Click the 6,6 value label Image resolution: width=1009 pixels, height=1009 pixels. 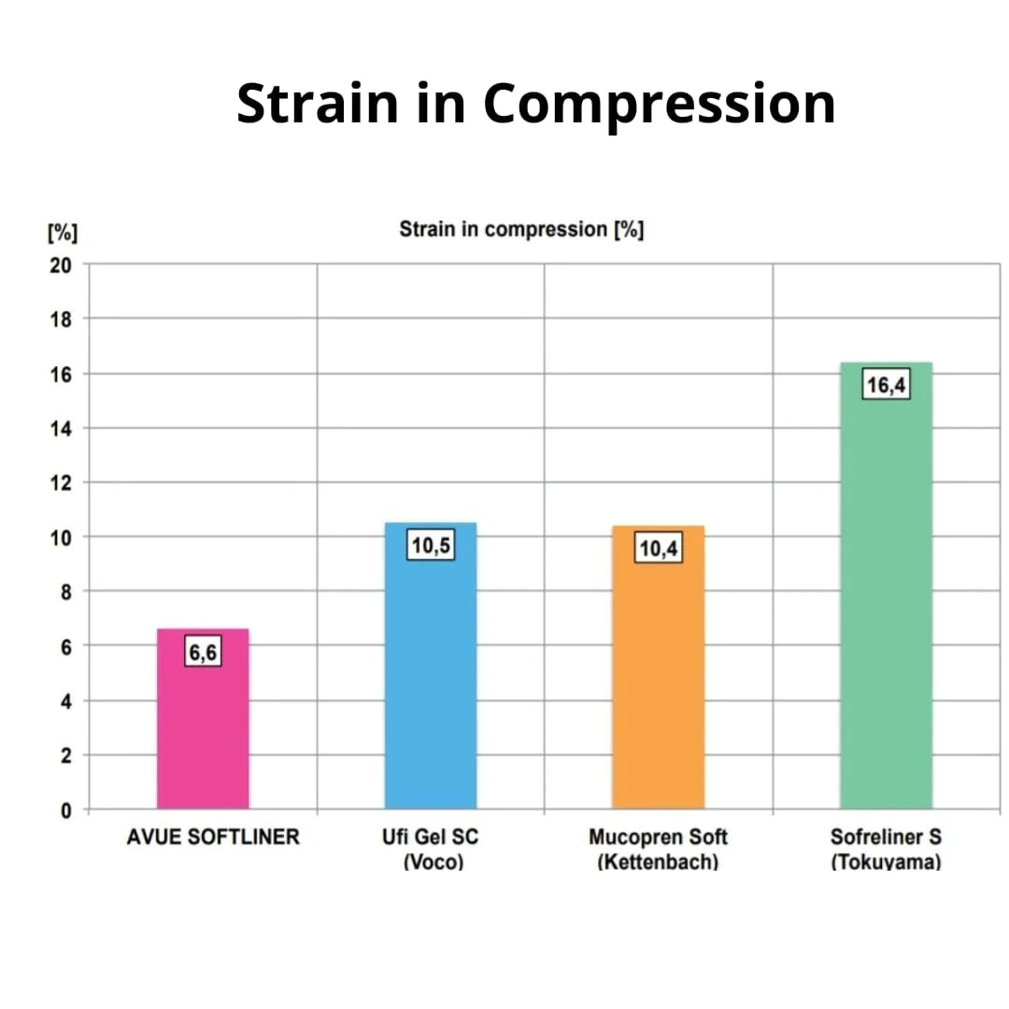coord(203,652)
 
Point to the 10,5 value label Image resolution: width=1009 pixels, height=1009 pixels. coord(431,546)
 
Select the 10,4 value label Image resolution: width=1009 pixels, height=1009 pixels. coord(659,548)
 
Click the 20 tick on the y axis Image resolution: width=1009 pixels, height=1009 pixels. coord(61,265)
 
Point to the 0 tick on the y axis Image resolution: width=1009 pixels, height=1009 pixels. coord(66,810)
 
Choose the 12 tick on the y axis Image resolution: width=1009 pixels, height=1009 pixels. coord(61,483)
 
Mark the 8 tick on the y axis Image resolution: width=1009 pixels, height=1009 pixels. coord(66,591)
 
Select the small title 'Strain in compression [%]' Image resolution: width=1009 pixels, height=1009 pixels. coord(521,229)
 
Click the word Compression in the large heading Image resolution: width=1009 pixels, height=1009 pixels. coord(659,105)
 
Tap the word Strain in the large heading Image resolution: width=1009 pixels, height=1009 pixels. coord(317,103)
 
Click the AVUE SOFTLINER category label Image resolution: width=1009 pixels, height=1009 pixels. coord(213,836)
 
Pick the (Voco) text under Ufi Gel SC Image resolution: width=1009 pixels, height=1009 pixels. coord(433,861)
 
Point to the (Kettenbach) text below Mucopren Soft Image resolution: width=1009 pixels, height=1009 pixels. coord(658,861)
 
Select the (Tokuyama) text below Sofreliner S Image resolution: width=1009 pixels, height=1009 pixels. coord(886,861)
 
